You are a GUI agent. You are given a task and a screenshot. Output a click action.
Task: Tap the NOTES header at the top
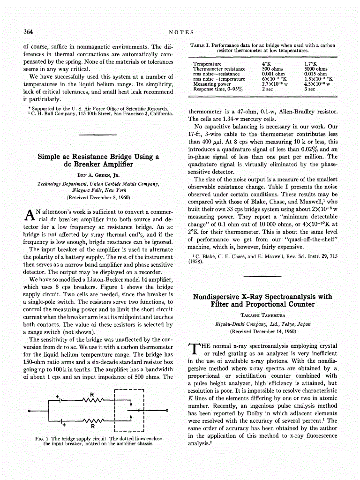tap(180, 32)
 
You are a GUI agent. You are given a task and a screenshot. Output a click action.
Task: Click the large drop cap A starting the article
tap(30, 215)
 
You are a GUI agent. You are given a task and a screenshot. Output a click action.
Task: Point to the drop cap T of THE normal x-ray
tap(194, 349)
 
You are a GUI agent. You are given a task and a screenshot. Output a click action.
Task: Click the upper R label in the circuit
tap(92, 393)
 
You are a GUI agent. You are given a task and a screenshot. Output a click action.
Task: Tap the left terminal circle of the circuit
tap(30, 411)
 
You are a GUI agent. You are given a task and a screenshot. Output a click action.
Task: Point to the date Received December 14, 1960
tap(262, 331)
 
